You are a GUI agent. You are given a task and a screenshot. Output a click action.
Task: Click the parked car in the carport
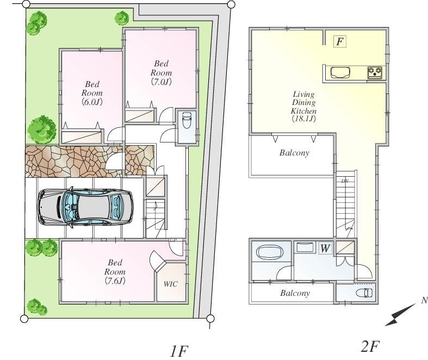pos(85,207)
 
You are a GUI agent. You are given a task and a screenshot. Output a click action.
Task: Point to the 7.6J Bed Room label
pos(115,271)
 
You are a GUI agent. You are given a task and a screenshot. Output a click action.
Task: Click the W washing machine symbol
pos(325,249)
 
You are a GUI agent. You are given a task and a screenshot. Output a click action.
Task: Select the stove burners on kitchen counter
pos(375,72)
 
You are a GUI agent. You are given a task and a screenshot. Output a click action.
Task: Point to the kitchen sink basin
pos(340,72)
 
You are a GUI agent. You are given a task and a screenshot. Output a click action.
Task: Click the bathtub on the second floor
pos(266,253)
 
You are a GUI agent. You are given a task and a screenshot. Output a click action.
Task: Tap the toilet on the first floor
pos(186,121)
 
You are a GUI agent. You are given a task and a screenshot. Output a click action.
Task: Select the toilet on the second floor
pos(363,294)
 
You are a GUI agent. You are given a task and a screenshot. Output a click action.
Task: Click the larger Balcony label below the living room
pos(294,153)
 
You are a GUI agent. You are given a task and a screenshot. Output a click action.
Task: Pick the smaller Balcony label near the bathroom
pos(295,293)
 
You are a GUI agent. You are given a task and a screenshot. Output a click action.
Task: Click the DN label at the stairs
pos(345,181)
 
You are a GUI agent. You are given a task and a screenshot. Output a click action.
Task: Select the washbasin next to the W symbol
pos(305,248)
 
